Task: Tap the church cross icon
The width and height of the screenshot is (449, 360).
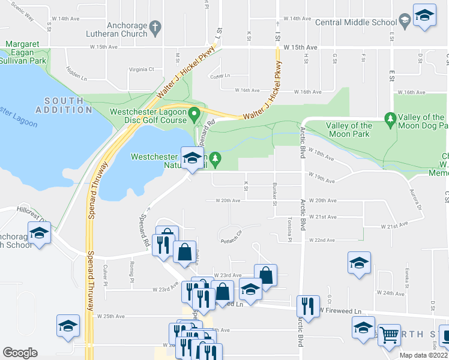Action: tap(155, 27)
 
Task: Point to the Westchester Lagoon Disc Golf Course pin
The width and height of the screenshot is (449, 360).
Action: tap(194, 113)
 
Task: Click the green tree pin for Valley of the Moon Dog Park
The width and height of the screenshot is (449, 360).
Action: tap(390, 119)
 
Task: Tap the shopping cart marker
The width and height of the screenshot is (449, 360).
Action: tap(390, 336)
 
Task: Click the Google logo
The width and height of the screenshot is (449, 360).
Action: tap(20, 353)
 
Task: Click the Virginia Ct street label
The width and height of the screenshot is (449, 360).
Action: tap(142, 70)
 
